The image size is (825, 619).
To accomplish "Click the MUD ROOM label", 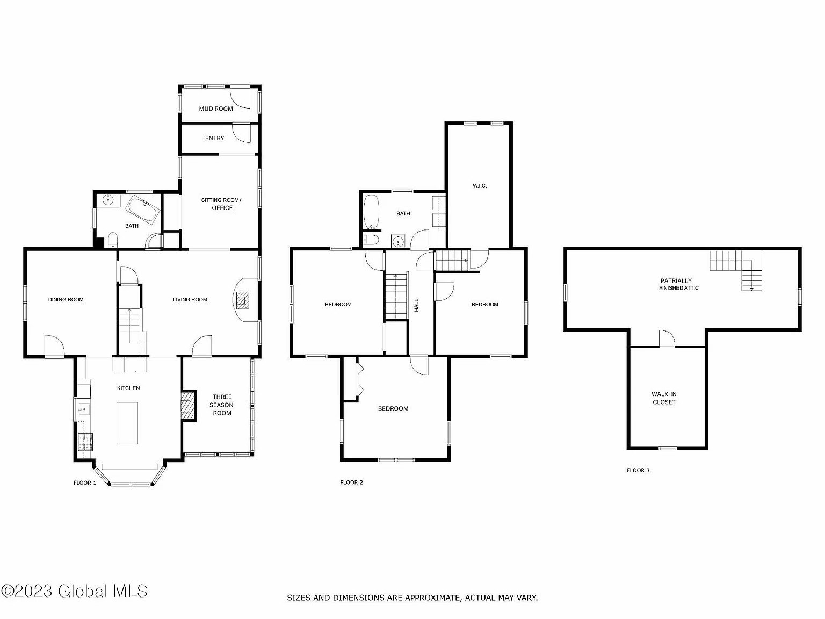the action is (x=216, y=109).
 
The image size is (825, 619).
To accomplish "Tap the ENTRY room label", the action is (x=215, y=138).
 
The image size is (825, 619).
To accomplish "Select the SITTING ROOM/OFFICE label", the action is (x=221, y=204).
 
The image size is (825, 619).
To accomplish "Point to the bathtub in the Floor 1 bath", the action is (x=142, y=210).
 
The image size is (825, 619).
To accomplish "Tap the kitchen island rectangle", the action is (x=127, y=423).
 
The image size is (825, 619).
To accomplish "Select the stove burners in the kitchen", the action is (x=85, y=442).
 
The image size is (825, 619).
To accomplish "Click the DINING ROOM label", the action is (x=66, y=299).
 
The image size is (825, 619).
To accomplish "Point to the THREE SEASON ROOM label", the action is (x=222, y=405).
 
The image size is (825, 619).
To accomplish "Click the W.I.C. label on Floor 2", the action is (x=480, y=186).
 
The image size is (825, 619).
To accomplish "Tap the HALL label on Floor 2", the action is (x=416, y=305).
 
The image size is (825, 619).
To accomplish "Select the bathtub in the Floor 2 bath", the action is (x=371, y=212).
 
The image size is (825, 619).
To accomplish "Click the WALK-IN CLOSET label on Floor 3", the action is (x=664, y=398).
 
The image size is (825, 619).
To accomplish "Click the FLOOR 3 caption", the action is (x=638, y=470).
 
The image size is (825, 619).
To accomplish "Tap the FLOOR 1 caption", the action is (x=85, y=483).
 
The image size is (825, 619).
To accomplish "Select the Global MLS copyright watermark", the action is (x=74, y=591).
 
